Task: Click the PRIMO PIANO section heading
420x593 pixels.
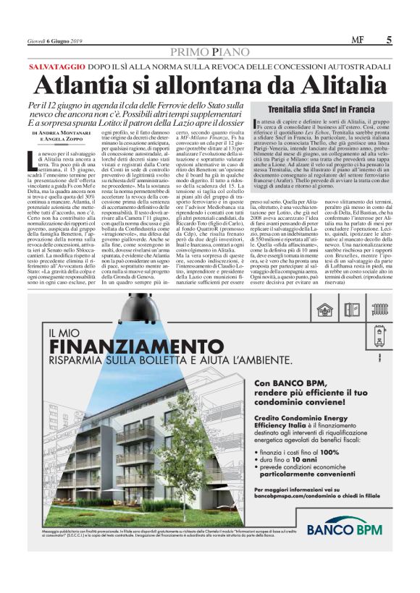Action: tap(210, 51)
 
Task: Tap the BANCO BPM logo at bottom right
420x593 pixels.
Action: tap(348, 529)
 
